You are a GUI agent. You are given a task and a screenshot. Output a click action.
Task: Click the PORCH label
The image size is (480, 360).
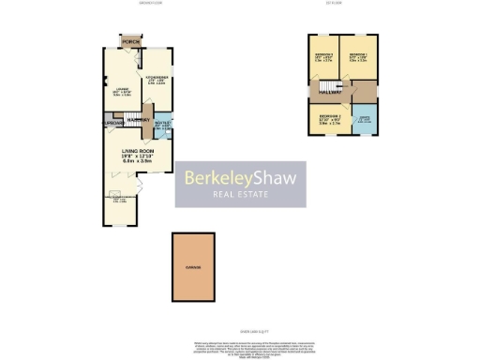[129, 42]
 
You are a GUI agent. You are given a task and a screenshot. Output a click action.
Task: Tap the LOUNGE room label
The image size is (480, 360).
[118, 89]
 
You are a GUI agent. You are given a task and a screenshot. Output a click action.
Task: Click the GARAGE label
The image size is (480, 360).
[196, 268]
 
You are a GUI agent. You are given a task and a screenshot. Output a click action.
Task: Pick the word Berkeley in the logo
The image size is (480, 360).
[215, 176]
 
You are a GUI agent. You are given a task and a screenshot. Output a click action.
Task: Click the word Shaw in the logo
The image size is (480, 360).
[272, 176]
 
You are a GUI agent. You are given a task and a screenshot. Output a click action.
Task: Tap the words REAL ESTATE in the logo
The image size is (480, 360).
[242, 195]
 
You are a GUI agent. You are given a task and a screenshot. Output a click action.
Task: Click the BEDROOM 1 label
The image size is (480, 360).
[357, 56]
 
